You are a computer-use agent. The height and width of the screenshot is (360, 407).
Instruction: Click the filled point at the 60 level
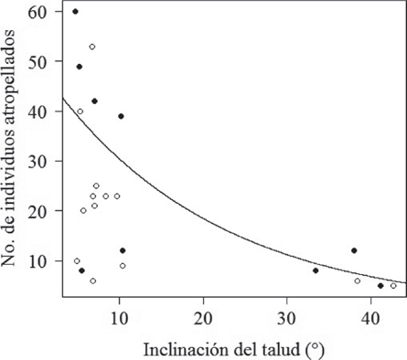point(75,12)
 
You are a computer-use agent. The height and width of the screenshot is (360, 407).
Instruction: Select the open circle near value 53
point(92,47)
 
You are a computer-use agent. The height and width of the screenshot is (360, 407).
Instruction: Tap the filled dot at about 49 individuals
point(80,67)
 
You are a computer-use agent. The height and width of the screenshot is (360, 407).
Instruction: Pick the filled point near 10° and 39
point(121,116)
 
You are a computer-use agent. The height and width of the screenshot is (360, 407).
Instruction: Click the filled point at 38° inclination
point(354,250)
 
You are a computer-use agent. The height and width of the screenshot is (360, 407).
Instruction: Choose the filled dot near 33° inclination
point(316,270)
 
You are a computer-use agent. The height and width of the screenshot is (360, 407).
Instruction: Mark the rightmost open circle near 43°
point(393,285)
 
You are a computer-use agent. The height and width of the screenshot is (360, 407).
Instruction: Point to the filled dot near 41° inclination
point(380,285)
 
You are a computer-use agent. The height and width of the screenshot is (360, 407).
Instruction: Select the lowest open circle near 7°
point(92,281)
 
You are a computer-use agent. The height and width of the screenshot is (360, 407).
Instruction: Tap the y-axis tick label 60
point(41,12)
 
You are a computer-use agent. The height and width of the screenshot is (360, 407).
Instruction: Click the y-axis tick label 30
point(41,161)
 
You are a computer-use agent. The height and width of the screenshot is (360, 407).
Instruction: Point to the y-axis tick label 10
point(41,260)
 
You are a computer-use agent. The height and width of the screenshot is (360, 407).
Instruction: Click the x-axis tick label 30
point(287,313)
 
